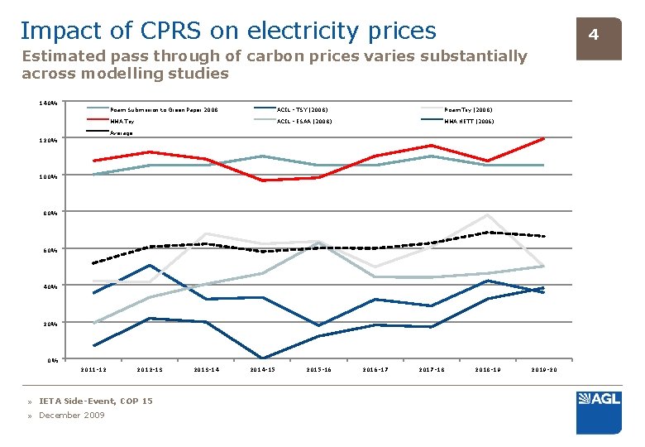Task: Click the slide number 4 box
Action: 593,35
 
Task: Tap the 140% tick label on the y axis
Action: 48,103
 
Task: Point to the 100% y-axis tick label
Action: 48,176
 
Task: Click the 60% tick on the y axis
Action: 49,249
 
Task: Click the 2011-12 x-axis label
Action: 93,369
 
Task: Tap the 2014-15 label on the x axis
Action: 262,369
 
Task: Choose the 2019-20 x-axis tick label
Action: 543,369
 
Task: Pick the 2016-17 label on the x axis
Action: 375,369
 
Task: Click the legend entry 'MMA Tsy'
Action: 122,121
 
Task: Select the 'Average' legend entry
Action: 122,132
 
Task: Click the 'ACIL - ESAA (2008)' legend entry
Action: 303,121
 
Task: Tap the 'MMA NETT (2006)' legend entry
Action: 469,121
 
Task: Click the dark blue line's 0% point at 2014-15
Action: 262,358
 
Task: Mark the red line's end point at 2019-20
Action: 543,138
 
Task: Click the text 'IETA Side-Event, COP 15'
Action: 96,401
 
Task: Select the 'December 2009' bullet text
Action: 72,416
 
